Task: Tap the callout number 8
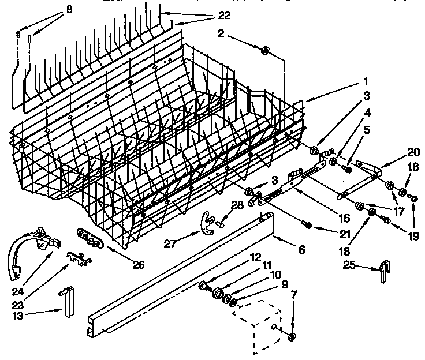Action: (x=69, y=9)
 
